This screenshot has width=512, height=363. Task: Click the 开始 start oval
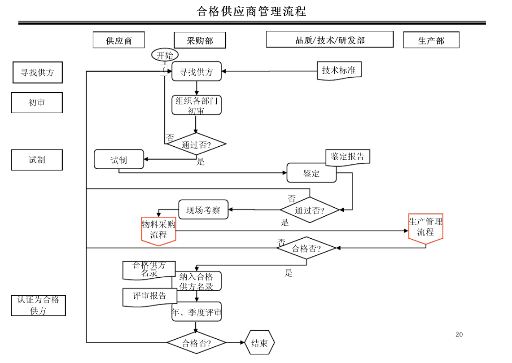(165, 55)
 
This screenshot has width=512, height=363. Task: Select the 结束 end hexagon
(260, 342)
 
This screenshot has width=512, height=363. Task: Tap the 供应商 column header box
(119, 40)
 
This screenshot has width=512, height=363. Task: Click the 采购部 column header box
(200, 40)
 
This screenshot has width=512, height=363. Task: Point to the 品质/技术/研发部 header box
(330, 40)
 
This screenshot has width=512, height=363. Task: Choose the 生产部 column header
(431, 40)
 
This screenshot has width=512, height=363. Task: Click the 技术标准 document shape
(339, 70)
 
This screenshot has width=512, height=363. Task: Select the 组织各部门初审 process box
(197, 105)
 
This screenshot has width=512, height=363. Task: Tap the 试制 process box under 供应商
(119, 159)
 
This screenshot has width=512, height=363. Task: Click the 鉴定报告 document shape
(348, 157)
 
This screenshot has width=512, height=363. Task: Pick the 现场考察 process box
(203, 210)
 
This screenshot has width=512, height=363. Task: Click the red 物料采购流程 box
(159, 231)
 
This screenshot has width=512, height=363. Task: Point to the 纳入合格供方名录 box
(197, 281)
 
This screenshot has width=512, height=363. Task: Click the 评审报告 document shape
(150, 297)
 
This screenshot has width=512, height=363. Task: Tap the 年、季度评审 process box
(197, 312)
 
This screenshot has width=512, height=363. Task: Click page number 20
(459, 335)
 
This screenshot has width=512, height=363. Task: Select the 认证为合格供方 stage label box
(38, 306)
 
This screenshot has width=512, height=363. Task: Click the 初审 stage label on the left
(37, 102)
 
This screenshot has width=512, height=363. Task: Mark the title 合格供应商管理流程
(251, 11)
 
